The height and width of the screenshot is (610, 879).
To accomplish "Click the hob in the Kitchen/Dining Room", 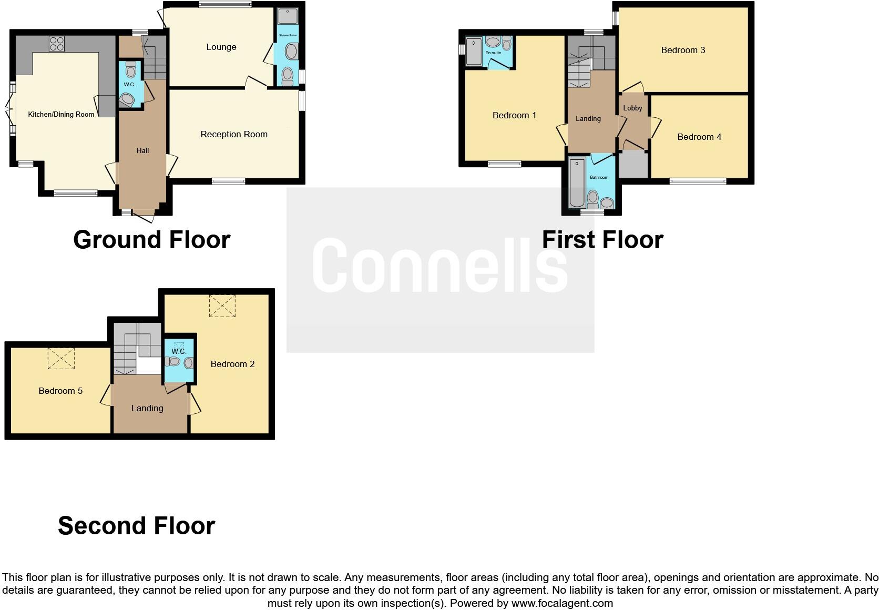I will pos(57,43).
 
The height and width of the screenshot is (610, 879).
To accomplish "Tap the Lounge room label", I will pos(221,47).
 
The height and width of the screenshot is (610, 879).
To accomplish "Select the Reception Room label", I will pos(234,135).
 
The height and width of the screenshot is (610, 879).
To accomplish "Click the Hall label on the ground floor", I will pos(143,151).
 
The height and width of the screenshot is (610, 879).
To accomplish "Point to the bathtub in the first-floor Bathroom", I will pos(577,184).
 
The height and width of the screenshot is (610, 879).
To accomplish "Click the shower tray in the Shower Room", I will pos(288,16).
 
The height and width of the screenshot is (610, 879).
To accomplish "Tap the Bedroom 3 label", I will pos(683,50).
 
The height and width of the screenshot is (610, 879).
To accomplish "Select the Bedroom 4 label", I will pos(699,137).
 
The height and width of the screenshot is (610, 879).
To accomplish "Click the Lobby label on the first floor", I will pos(632,108).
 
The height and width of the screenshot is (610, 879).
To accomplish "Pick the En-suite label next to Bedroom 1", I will pos(493,53).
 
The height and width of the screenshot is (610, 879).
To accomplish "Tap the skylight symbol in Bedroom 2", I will pos(222,306).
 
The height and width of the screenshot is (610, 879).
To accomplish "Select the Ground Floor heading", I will pos(151,240).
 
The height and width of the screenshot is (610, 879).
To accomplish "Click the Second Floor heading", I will pos(136,526).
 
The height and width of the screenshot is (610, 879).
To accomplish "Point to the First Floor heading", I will pos(602,240).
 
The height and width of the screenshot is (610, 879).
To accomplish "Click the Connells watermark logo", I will pos(440,265).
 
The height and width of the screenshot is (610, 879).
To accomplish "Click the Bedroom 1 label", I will pos(514,116).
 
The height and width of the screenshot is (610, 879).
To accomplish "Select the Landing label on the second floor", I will pos(147,409).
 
